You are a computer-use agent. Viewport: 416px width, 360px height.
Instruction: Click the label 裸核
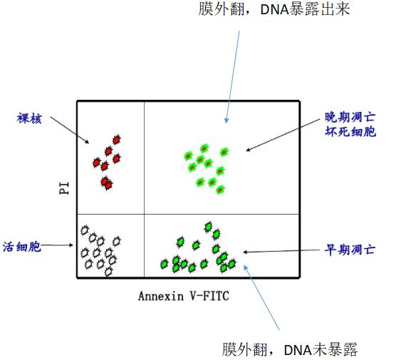click(29, 118)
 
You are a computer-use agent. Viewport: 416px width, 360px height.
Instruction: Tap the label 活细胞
click(22, 247)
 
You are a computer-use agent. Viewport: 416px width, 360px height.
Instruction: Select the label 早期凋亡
click(350, 250)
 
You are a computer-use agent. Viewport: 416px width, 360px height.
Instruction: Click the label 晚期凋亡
click(350, 117)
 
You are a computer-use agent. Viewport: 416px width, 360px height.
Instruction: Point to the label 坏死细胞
click(350, 131)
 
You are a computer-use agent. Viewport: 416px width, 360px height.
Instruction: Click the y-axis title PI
click(64, 188)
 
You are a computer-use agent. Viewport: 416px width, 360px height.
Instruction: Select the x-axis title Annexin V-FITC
click(184, 296)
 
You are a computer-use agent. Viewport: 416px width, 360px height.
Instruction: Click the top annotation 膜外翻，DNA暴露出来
click(274, 9)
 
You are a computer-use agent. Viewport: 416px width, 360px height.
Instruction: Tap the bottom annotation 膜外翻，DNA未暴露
click(290, 349)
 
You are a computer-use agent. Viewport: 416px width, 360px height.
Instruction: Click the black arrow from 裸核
click(70, 130)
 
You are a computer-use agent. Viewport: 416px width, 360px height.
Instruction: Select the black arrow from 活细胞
click(57, 245)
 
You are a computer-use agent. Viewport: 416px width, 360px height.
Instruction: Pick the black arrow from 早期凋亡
click(281, 251)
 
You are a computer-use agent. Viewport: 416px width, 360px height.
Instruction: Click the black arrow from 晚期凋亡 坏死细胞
click(283, 135)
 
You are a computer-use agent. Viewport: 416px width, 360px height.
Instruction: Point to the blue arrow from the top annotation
click(232, 77)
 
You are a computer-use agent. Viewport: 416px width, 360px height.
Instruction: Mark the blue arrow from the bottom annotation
click(261, 297)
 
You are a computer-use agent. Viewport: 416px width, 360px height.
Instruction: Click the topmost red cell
click(117, 140)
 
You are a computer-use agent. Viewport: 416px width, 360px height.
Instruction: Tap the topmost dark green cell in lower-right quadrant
click(209, 227)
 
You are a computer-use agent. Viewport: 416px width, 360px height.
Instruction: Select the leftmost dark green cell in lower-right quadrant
click(165, 264)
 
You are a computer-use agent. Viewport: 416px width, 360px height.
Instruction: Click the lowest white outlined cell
click(108, 272)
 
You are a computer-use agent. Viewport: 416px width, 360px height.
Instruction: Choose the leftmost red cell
click(97, 163)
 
